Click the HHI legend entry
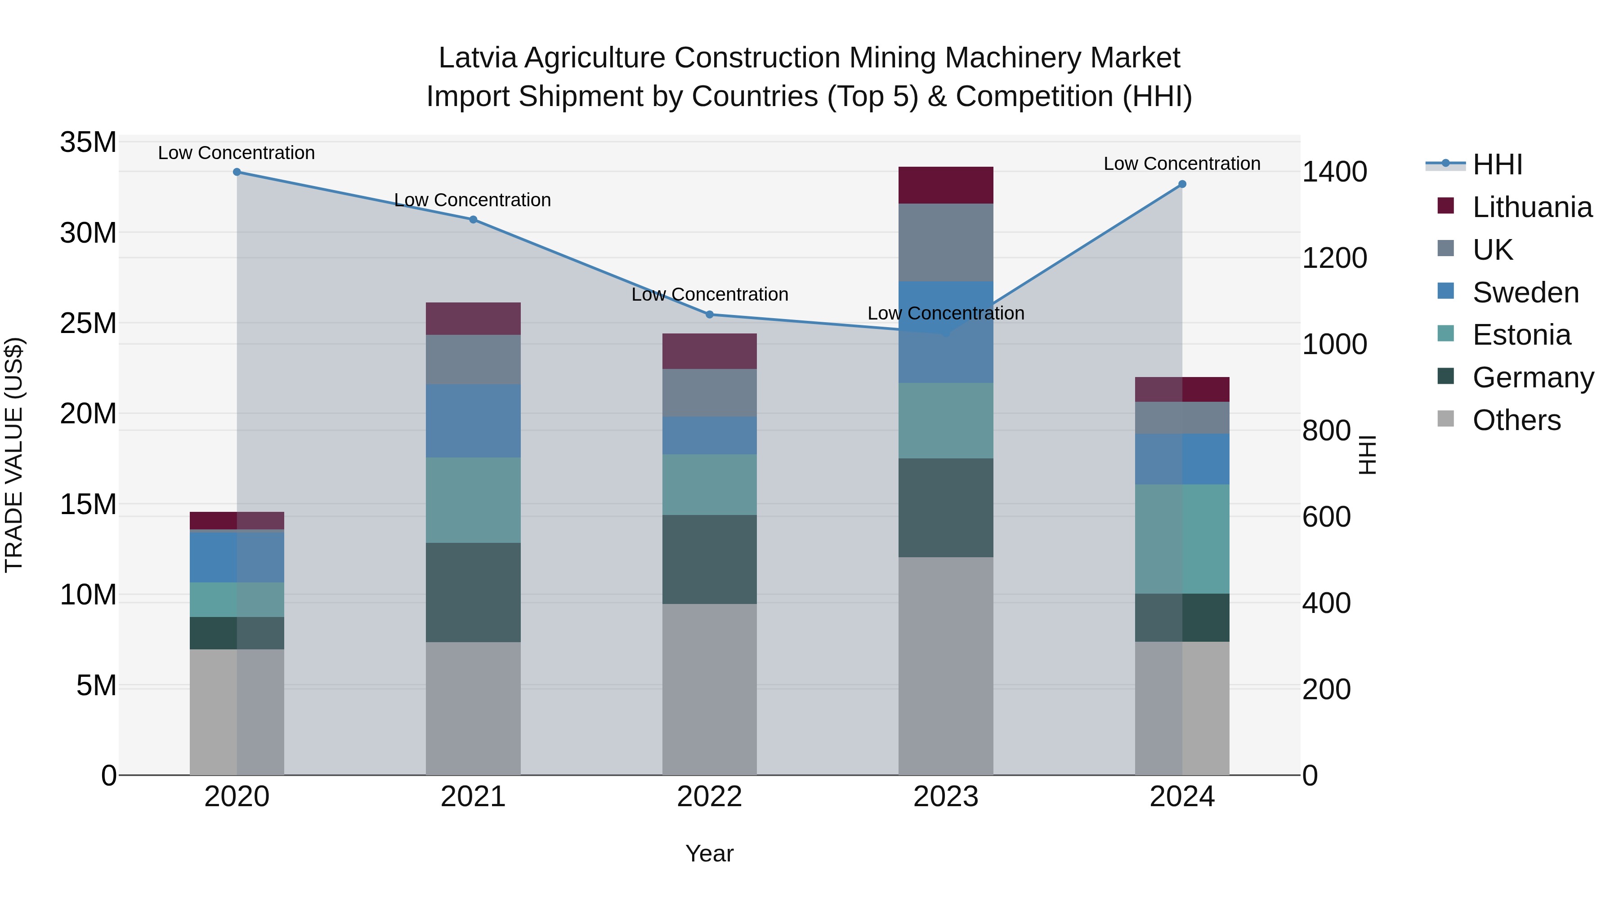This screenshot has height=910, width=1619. (x=1497, y=164)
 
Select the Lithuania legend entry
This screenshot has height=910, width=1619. (x=1532, y=207)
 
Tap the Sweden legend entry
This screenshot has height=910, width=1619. (x=1525, y=293)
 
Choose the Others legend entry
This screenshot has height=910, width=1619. (x=1516, y=420)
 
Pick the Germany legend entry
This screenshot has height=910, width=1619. (x=1533, y=377)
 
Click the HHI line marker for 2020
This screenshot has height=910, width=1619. (x=237, y=172)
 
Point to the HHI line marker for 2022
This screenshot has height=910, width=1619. (x=710, y=315)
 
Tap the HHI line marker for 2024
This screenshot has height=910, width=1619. (x=1182, y=184)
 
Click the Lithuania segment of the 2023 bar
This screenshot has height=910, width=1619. (x=946, y=185)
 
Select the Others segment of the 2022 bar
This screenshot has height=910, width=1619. (x=710, y=689)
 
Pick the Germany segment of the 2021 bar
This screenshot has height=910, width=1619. (x=473, y=592)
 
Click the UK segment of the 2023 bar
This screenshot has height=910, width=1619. (x=946, y=242)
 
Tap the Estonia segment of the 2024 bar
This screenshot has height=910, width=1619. (x=1182, y=539)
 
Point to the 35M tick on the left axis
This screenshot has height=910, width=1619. (x=88, y=142)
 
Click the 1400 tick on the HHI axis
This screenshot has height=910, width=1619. (x=1334, y=172)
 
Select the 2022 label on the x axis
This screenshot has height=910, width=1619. (x=710, y=797)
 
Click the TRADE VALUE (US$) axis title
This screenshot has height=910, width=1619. (x=14, y=455)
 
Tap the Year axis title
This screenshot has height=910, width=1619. (x=710, y=853)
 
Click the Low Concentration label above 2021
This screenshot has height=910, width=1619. (x=473, y=200)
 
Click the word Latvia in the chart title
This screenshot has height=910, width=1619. (x=478, y=58)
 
